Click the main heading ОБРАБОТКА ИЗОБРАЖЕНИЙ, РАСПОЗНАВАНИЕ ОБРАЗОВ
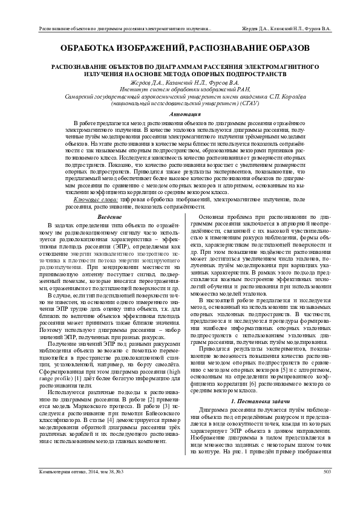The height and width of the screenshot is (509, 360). [x=180, y=47]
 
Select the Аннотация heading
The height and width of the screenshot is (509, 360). [x=180, y=114]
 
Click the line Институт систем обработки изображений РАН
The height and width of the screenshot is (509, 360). [x=180, y=89]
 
